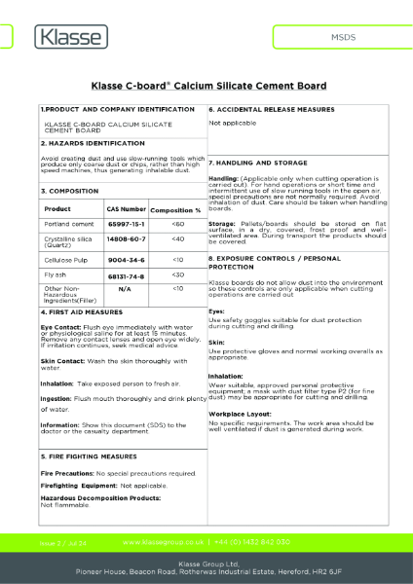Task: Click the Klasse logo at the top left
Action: click(65, 38)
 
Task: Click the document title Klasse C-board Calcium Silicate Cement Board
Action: click(206, 85)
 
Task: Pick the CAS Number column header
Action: click(126, 209)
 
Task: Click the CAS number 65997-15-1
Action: click(126, 224)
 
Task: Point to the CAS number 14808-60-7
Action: click(126, 238)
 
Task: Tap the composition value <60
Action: click(177, 224)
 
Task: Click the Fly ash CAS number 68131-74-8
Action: click(126, 275)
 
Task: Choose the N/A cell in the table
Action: click(125, 289)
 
